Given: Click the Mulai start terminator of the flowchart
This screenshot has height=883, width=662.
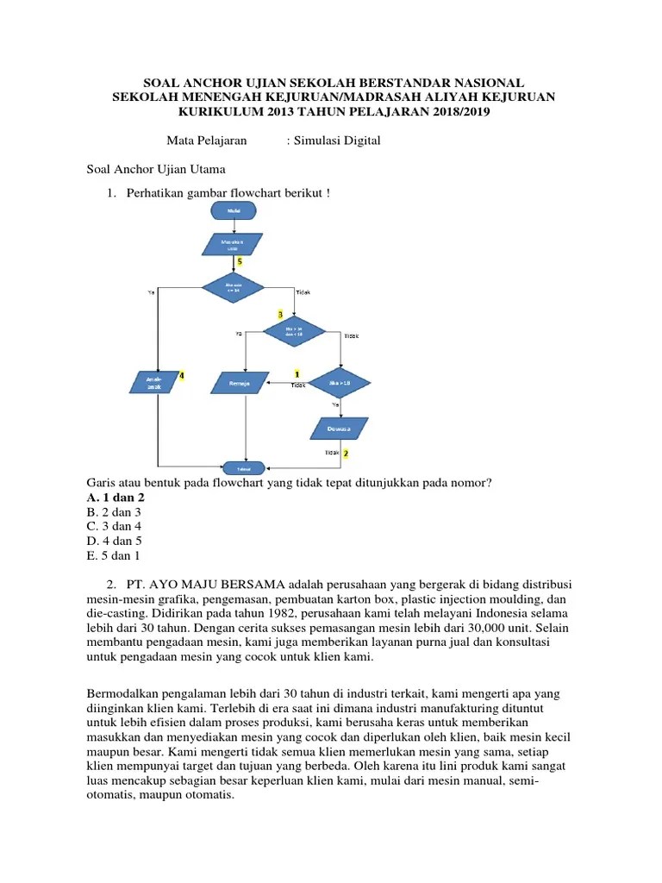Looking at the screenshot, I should coord(234,210).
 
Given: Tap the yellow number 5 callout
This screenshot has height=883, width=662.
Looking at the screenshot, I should coord(239,260).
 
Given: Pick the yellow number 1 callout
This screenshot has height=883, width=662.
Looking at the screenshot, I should coord(297,374).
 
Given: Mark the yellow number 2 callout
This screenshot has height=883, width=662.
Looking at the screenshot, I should coord(346,453).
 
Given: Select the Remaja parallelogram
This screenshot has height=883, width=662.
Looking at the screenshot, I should coord(240,382).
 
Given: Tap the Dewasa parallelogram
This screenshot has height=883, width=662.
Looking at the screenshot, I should coord(339,429).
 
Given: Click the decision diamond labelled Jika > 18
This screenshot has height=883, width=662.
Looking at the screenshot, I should coord(339,382).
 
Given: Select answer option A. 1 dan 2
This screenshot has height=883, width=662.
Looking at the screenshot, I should coord(116,498).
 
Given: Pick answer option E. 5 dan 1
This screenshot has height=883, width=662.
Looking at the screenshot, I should coord(113,556).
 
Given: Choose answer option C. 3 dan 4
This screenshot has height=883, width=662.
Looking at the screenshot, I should coord(113,527).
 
